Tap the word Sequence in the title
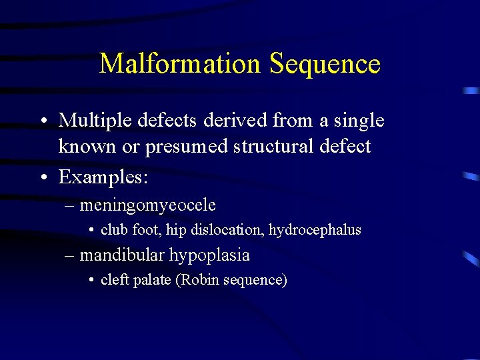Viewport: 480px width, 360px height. tap(325, 64)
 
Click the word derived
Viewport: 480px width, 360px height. tap(226, 121)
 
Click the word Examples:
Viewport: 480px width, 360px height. tap(103, 177)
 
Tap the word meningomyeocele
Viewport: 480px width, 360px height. tap(147, 205)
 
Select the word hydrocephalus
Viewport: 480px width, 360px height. tap(315, 231)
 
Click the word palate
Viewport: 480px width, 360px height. tap(153, 280)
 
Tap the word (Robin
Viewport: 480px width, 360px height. tap(194, 280)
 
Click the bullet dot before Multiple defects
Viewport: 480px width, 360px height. tap(43, 122)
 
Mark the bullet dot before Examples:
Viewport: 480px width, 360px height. tap(43, 179)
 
